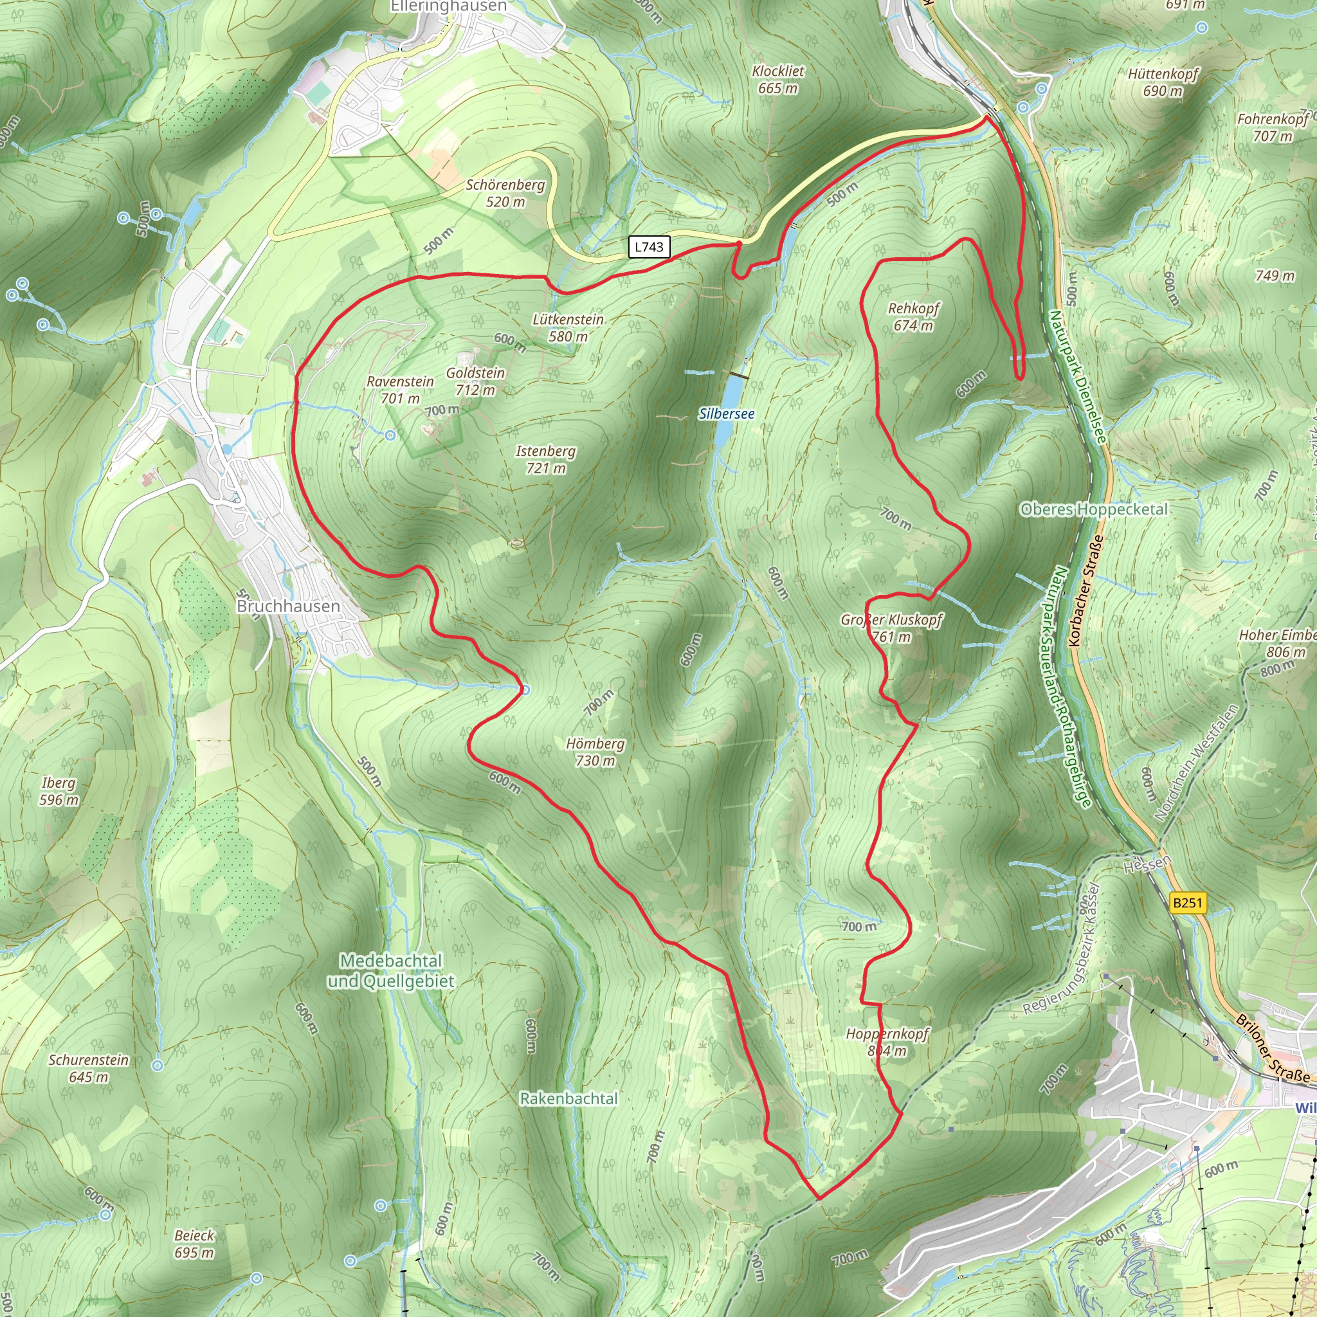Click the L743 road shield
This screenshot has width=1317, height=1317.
pos(648,247)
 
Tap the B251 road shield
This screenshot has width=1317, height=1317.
pos(1187,902)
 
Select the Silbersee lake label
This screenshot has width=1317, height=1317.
pos(727,413)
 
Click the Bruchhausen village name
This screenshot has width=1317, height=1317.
pos(287,606)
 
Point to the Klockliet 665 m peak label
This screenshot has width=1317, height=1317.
pos(778,80)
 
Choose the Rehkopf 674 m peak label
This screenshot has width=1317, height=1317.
pos(913,317)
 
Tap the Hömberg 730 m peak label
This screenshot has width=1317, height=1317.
pos(595,752)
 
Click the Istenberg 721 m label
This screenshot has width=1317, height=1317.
pos(545,459)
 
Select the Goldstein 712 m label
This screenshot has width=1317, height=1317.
pos(475,381)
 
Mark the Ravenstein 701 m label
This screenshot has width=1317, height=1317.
pos(400,389)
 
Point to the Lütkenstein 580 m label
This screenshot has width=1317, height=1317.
pos(568,328)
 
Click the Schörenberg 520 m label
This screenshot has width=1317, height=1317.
pos(505,193)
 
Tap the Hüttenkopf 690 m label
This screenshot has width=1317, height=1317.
pos(1163,82)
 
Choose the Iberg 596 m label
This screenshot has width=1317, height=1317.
pos(59,792)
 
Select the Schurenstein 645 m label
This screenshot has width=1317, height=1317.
pos(89,1068)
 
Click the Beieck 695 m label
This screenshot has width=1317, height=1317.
pos(194,1244)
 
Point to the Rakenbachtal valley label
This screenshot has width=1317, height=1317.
pos(568,1099)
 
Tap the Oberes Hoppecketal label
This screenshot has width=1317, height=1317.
pos(1093,509)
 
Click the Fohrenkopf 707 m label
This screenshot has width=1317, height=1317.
pos(1272,127)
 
